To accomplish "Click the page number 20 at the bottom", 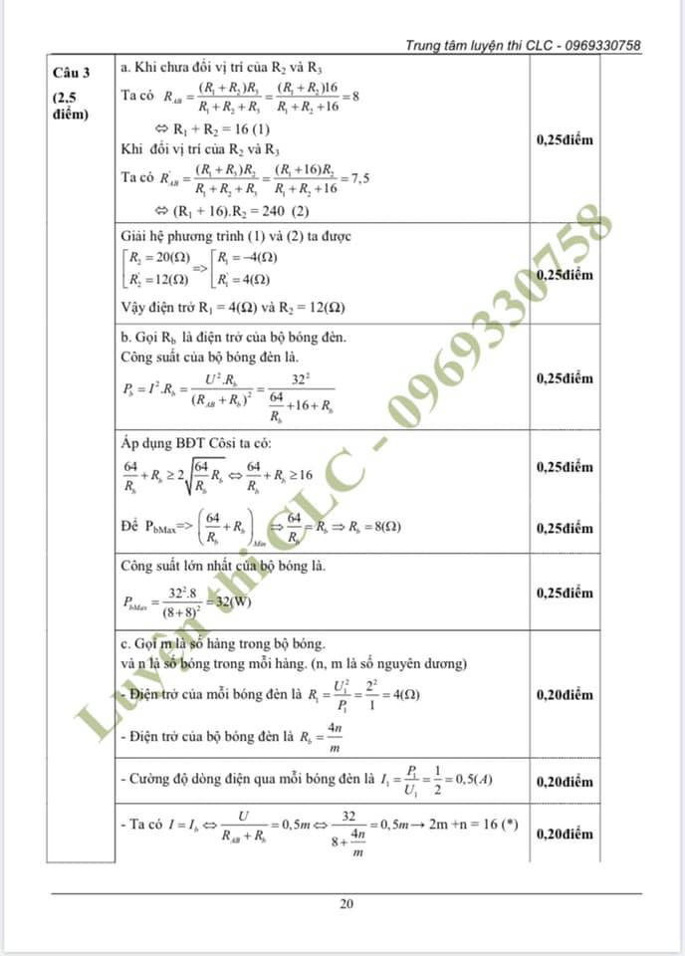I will pyautogui.click(x=346, y=904).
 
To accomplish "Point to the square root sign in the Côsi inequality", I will pyautogui.click(x=188, y=477).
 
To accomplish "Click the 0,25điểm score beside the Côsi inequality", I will pyautogui.click(x=564, y=467).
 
